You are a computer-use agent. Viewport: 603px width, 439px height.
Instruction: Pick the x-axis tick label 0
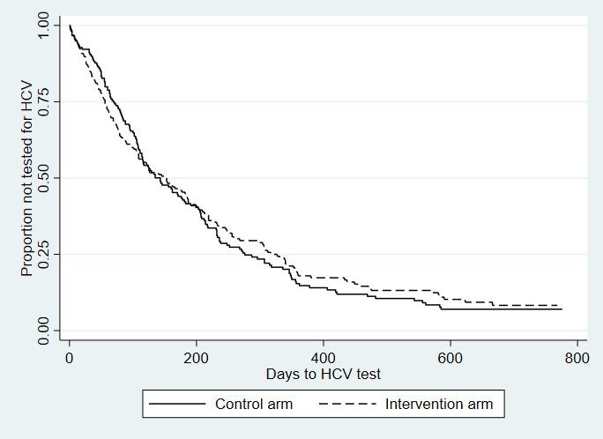pyautogui.click(x=69, y=359)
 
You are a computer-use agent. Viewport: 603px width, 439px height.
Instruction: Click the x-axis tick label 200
pyautogui.click(x=196, y=359)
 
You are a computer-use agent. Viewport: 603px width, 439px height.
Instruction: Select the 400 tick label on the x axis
pyautogui.click(x=324, y=359)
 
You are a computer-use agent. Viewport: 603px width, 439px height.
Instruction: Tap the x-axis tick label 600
pyautogui.click(x=450, y=359)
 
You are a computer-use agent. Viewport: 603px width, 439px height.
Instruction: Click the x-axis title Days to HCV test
pyautogui.click(x=324, y=375)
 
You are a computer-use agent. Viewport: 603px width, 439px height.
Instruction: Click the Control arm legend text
pyautogui.click(x=254, y=405)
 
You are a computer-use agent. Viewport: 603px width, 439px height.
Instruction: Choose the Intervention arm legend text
pyautogui.click(x=439, y=405)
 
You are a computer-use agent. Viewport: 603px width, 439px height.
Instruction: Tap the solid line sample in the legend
pyautogui.click(x=176, y=405)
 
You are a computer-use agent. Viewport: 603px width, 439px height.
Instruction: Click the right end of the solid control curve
pyautogui.click(x=561, y=309)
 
